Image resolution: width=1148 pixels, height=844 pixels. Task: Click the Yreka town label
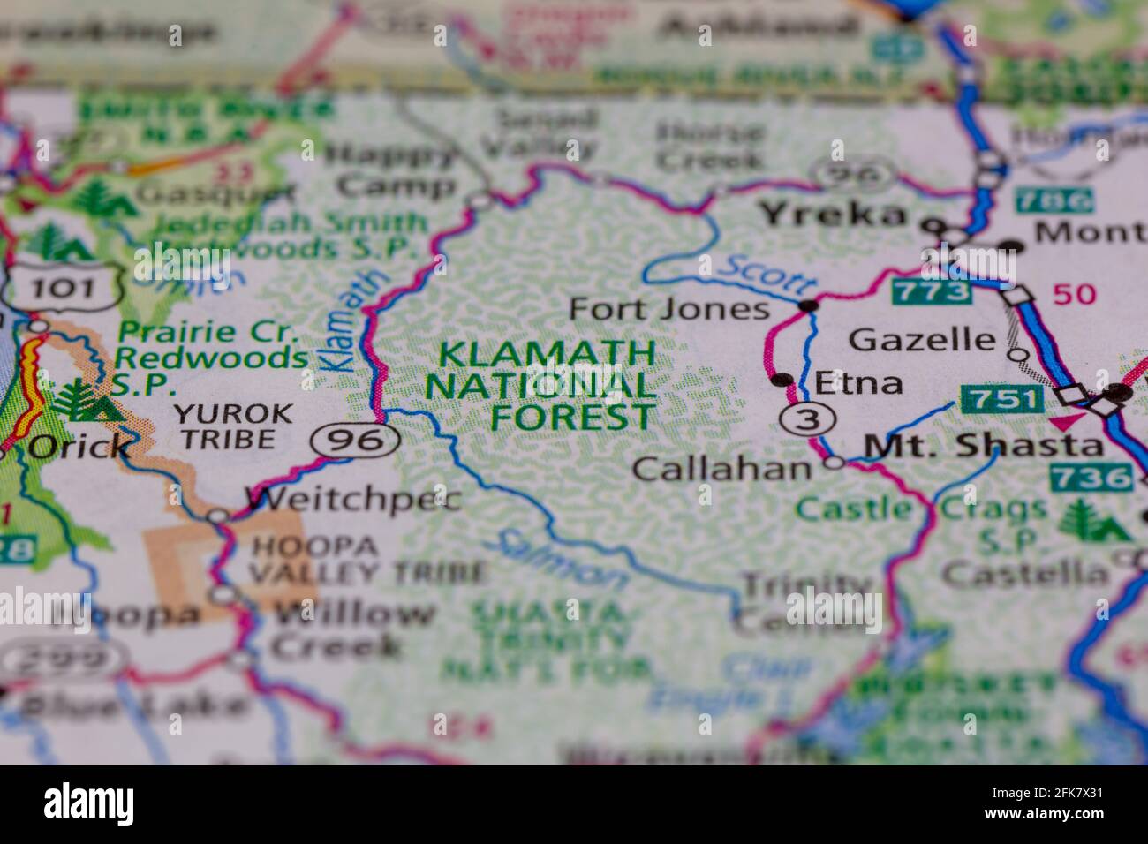[834, 214]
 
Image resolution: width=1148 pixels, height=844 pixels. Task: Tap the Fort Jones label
[668, 309]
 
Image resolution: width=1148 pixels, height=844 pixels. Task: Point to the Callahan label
[721, 468]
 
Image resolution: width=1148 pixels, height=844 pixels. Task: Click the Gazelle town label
[921, 338]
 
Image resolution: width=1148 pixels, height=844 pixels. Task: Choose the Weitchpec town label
[353, 501]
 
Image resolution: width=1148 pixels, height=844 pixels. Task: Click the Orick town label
[79, 447]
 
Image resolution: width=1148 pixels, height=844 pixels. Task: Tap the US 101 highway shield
[62, 287]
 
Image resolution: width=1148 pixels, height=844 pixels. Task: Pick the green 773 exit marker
[931, 290]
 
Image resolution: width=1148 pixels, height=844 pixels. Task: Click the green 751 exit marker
[1001, 399]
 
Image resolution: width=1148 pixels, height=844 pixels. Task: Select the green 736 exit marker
[1091, 478]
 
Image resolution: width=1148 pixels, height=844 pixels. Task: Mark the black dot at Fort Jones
[807, 305]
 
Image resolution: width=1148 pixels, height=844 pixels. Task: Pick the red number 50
[1073, 293]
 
